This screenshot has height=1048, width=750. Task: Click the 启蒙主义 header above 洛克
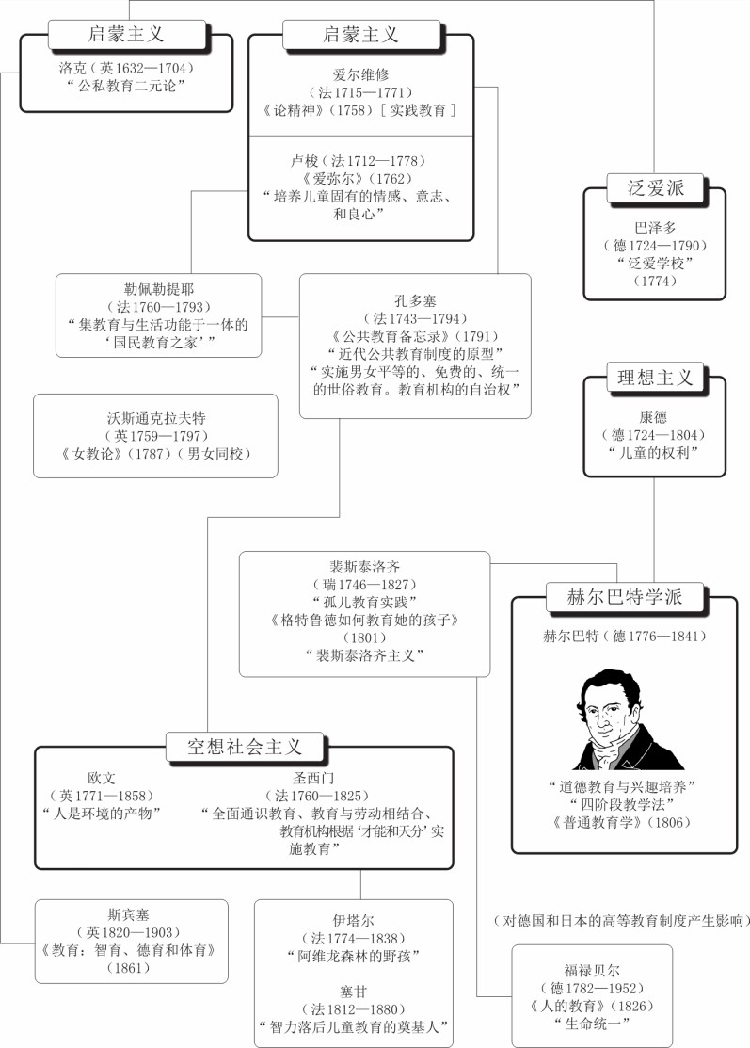(126, 34)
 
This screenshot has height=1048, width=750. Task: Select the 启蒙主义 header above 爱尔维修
(360, 34)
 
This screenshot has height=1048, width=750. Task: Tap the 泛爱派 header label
(655, 187)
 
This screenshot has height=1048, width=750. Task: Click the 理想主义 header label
(655, 378)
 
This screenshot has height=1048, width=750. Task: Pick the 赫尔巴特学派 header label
(625, 597)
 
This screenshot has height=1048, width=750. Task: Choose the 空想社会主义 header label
(245, 747)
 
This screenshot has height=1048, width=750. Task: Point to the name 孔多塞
(415, 301)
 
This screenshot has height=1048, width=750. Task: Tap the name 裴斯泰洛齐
(364, 568)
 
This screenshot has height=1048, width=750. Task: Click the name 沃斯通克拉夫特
(156, 418)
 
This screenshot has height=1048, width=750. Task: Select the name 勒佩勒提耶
(158, 289)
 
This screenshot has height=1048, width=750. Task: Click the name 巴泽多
(655, 228)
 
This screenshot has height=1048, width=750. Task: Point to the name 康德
(653, 418)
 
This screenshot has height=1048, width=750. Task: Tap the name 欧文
(102, 779)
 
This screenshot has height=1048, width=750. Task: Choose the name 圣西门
(313, 779)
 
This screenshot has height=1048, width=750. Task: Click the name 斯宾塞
(128, 915)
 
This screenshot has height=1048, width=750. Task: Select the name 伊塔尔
(353, 921)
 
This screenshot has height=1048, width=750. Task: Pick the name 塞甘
(353, 992)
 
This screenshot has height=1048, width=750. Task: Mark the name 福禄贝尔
(592, 971)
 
